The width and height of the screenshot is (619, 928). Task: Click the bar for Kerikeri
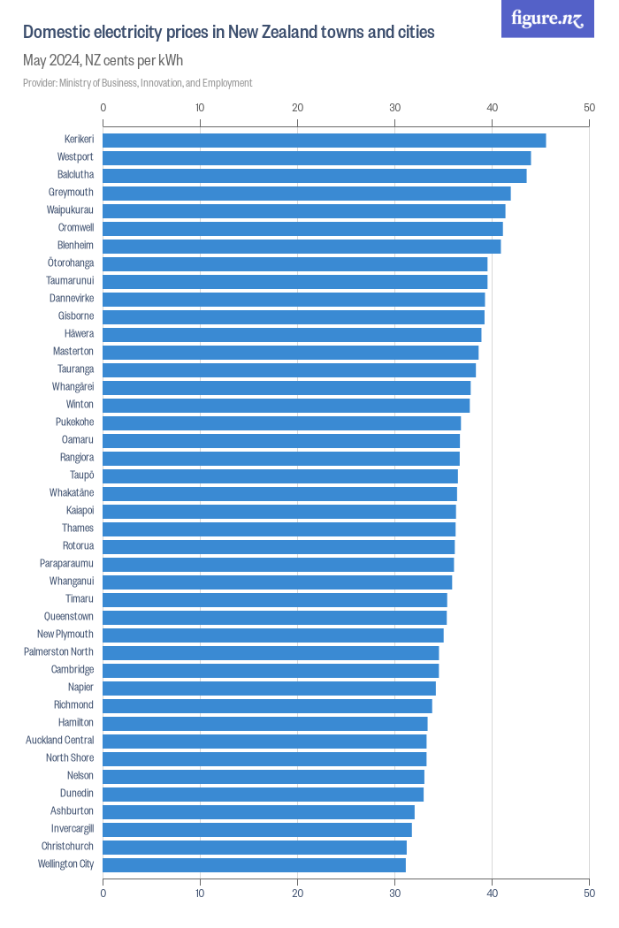pyautogui.click(x=324, y=140)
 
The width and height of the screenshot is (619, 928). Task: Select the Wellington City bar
pyautogui.click(x=254, y=864)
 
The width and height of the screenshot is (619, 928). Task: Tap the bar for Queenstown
pyautogui.click(x=274, y=617)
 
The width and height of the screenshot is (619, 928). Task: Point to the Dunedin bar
pyautogui.click(x=263, y=794)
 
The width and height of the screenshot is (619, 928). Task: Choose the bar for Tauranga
pyautogui.click(x=289, y=369)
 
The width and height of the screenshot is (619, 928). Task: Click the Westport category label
pyautogui.click(x=75, y=157)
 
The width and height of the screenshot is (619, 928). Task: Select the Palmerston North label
pyautogui.click(x=58, y=652)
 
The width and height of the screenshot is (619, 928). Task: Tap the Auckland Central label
pyautogui.click(x=59, y=741)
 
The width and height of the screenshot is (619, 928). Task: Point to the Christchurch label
pyautogui.click(x=67, y=847)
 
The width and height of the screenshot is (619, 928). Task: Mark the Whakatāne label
pyautogui.click(x=72, y=493)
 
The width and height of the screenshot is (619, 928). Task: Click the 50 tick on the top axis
pyautogui.click(x=589, y=108)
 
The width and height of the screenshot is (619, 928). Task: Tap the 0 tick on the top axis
pyautogui.click(x=103, y=108)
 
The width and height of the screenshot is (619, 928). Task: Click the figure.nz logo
pyautogui.click(x=547, y=19)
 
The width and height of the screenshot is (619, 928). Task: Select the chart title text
pyautogui.click(x=228, y=33)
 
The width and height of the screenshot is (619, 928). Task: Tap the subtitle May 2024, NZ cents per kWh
pyautogui.click(x=103, y=61)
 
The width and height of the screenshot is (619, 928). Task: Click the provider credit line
pyautogui.click(x=137, y=83)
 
